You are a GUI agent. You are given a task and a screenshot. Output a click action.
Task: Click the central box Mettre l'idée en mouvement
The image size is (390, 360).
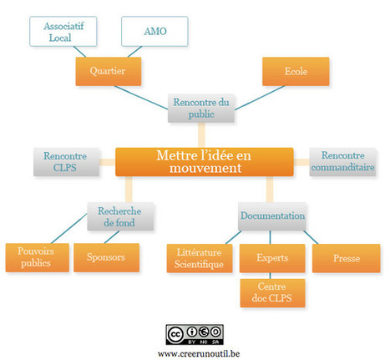pos(205,162)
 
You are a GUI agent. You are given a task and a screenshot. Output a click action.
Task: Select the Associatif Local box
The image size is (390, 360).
pos(63,31)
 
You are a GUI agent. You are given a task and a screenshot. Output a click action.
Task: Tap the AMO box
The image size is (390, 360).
pos(154,31)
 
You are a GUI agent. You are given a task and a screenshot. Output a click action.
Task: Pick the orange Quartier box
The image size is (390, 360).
pos(109,71)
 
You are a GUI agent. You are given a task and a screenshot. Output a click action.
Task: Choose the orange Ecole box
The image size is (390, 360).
pos(296,71)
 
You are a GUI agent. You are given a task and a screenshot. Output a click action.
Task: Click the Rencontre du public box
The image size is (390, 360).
pos(201,108)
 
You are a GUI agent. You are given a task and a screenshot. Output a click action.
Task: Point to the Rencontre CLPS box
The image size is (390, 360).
pos(66,162)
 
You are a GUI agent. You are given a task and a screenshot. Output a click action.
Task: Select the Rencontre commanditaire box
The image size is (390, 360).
pos(342,162)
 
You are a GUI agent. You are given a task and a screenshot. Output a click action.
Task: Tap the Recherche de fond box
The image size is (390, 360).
pos(120,216)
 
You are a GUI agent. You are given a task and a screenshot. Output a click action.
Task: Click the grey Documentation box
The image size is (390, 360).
pos(272,216)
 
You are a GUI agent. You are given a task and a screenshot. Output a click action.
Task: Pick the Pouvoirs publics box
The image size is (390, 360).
pos(38,257)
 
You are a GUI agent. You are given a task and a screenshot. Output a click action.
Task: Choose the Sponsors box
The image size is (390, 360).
pos(106,257)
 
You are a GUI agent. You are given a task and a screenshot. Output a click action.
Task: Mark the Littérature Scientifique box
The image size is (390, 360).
pos(200,258)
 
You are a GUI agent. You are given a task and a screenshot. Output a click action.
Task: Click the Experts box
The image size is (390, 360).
pos(272,258)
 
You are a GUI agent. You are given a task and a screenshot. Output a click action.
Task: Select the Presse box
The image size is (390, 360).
pos(346,258)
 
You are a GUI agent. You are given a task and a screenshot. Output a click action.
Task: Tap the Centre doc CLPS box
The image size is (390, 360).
pos(272,293)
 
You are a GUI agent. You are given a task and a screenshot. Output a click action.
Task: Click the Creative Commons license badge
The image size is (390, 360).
pos(195,335)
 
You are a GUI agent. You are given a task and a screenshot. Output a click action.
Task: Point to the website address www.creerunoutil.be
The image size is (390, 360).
pos(199,353)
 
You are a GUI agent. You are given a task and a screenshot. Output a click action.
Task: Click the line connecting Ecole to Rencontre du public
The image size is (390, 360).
pos(260,98)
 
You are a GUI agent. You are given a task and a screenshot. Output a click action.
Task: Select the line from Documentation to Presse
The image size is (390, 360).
pos(311,237)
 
